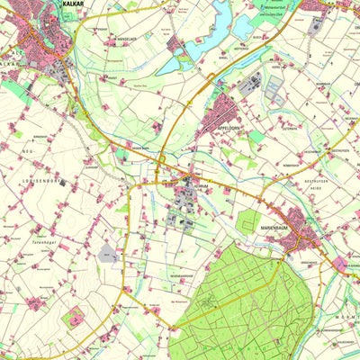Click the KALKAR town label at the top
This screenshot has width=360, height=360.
[74, 4]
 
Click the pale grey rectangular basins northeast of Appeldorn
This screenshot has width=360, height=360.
[273, 86]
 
